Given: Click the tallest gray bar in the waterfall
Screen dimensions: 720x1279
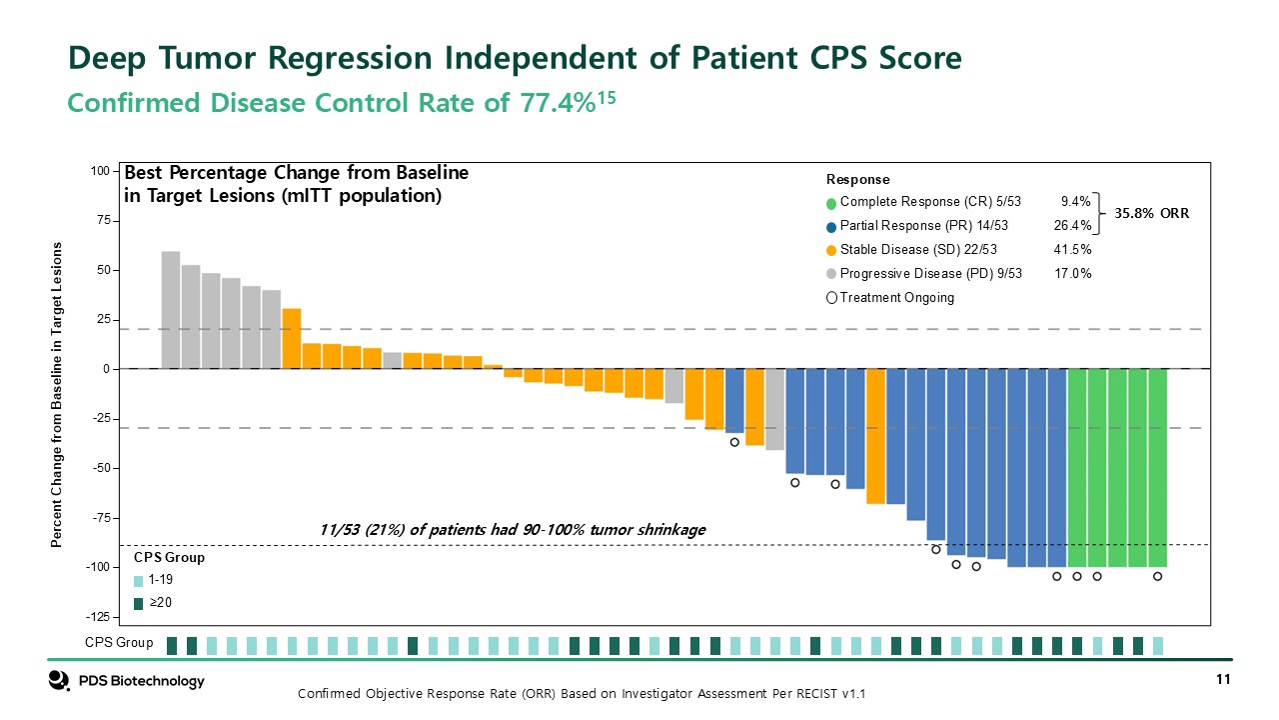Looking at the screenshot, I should [171, 310].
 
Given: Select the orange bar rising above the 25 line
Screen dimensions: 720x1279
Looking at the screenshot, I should [292, 338].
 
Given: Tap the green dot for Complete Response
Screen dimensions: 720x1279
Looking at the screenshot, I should [831, 201].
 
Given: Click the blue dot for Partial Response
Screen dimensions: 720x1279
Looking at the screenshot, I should [831, 226].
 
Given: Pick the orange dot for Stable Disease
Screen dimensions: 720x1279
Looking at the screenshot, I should [831, 250].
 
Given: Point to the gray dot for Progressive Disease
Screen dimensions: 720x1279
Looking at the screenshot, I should [831, 274].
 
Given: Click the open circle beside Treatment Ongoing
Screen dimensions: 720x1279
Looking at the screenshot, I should [831, 298].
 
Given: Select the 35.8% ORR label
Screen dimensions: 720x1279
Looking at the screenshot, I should [1152, 213].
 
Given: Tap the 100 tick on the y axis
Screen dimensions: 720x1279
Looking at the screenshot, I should [99, 172].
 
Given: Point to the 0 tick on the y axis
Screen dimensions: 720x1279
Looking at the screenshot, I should [104, 370].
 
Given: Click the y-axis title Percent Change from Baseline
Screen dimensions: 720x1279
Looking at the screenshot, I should [57, 395].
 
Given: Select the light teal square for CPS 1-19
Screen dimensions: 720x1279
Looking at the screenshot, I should [138, 581].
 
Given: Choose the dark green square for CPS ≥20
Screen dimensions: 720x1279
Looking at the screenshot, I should [138, 603].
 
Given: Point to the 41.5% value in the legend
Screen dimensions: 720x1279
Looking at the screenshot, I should [1072, 250].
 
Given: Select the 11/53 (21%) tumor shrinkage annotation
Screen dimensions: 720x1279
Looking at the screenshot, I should [512, 529].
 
